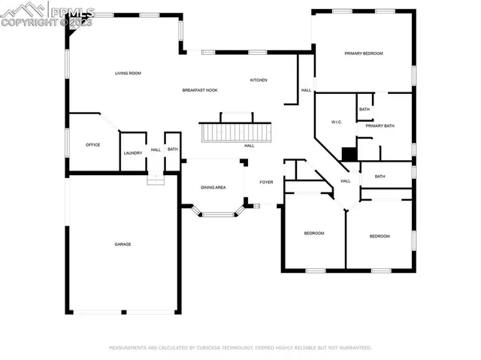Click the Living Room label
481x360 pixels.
pyautogui.click(x=128, y=74)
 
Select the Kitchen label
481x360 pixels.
pyautogui.click(x=259, y=80)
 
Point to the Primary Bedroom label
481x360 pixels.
pyautogui.click(x=364, y=53)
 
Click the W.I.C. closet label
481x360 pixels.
pyautogui.click(x=337, y=122)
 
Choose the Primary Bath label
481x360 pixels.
pyautogui.click(x=380, y=126)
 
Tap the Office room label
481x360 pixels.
pyautogui.click(x=92, y=145)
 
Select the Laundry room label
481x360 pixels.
pyautogui.click(x=133, y=153)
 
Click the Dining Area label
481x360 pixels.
pyautogui.click(x=213, y=187)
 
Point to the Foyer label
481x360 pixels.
pyautogui.click(x=266, y=182)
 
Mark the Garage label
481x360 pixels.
pyautogui.click(x=123, y=244)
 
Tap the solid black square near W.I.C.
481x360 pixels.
pyautogui.click(x=349, y=154)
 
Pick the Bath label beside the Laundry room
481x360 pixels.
pyautogui.click(x=173, y=150)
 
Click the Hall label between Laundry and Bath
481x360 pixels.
pyautogui.click(x=156, y=150)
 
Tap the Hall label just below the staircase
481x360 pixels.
pyautogui.click(x=249, y=146)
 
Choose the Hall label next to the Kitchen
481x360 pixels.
pyautogui.click(x=306, y=90)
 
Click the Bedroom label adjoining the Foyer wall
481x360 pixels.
pyautogui.click(x=313, y=234)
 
